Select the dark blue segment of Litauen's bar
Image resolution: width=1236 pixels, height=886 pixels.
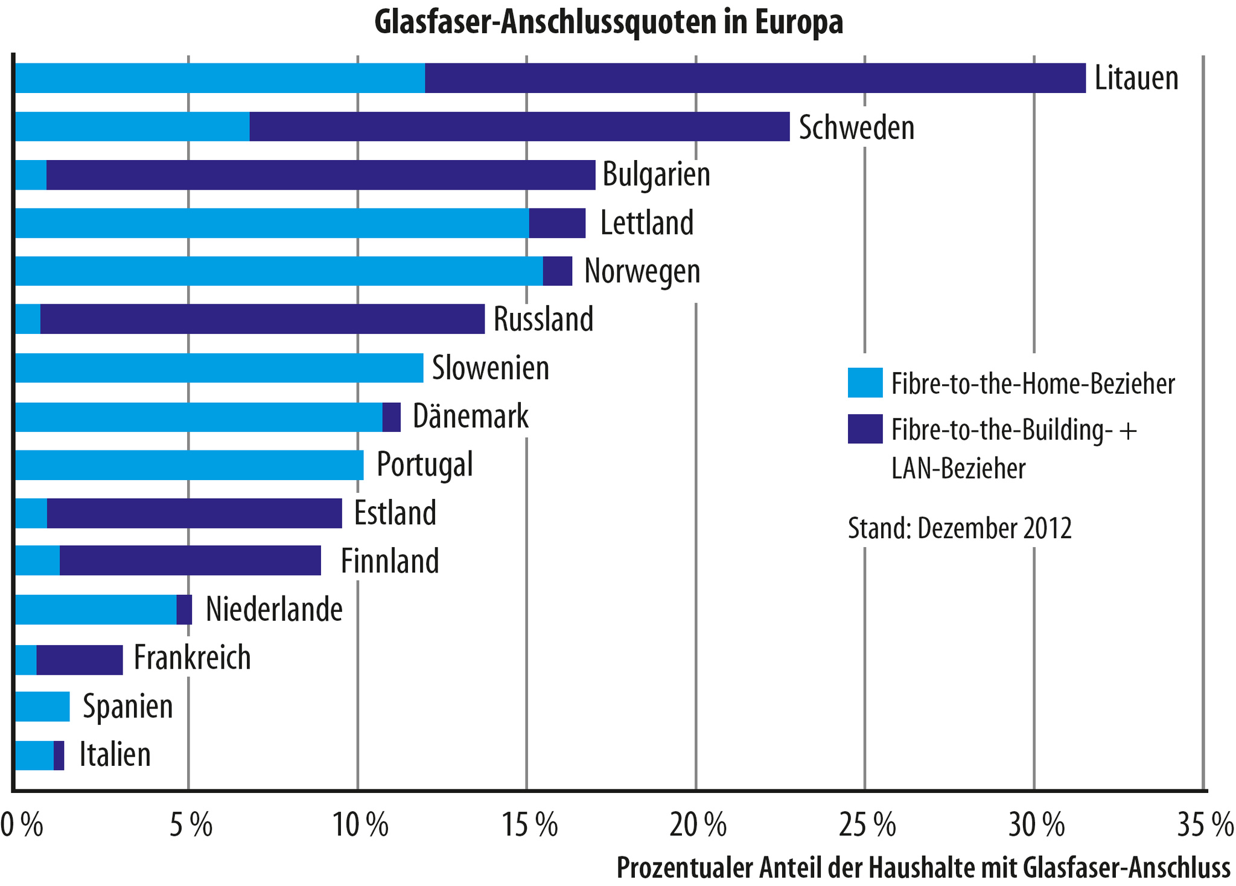click(754, 79)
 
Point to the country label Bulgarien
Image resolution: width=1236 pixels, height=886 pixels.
click(657, 175)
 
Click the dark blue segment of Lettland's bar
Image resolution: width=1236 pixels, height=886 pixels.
click(557, 223)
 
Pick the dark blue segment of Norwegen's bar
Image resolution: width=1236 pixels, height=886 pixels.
click(558, 271)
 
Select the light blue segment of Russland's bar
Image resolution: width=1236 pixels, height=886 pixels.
click(27, 319)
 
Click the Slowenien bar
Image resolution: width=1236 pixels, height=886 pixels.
click(218, 368)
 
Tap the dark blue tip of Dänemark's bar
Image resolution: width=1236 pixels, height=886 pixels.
click(392, 417)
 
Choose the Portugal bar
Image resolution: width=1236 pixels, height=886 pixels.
click(189, 465)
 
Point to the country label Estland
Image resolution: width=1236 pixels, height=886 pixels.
click(395, 513)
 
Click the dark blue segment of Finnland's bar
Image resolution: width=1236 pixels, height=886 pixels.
click(190, 561)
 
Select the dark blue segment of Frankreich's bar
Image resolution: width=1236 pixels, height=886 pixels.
click(80, 659)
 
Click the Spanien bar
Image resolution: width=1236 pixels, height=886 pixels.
click(42, 707)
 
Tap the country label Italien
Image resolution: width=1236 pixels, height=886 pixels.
click(115, 755)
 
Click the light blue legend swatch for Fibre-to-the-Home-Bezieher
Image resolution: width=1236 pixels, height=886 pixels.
click(865, 383)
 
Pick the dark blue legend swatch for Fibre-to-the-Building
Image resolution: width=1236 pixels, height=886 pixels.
click(865, 429)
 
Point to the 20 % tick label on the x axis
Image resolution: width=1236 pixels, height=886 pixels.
click(698, 827)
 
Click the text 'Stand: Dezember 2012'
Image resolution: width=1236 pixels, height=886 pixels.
click(960, 528)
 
